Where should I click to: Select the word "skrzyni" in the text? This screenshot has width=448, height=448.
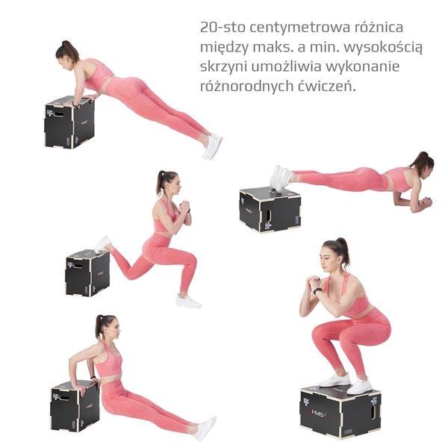223,67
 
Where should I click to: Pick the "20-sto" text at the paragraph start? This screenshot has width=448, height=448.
223,28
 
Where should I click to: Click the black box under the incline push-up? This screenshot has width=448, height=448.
69,122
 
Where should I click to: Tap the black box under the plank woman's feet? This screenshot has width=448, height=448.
270,209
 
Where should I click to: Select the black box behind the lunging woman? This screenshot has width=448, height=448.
87,273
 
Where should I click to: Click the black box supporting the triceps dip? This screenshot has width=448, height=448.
75,406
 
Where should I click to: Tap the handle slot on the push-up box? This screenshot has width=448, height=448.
59,114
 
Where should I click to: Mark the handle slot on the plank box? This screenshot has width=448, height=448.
268,215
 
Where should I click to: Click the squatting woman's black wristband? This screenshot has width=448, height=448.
317,291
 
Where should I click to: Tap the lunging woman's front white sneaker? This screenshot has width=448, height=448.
188,302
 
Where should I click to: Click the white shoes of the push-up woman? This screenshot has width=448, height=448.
213,146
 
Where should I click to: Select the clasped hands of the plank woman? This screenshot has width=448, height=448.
426,202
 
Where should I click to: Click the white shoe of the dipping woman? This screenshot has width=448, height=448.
206,428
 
